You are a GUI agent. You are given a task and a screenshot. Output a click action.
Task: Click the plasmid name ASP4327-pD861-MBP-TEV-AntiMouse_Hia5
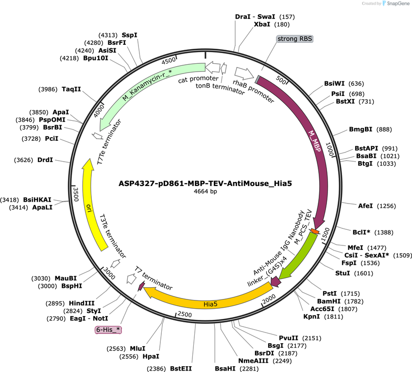pyautogui.click(x=205, y=183)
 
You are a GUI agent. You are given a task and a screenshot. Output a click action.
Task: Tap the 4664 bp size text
pyautogui.click(x=205, y=191)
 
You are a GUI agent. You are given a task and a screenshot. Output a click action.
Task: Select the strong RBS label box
pyautogui.click(x=295, y=38)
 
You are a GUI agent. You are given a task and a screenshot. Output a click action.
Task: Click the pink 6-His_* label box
pyautogui.click(x=108, y=330)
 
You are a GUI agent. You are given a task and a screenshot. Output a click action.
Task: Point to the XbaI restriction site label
pyautogui.click(x=262, y=24)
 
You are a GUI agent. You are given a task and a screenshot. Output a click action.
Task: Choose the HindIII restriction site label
pyautogui.click(x=82, y=303)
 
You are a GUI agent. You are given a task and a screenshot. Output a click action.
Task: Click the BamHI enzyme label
pyautogui.click(x=329, y=301)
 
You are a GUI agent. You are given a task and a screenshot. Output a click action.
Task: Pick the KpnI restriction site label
pyautogui.click(x=311, y=316)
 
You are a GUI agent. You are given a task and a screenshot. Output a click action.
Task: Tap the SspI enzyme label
pyautogui.click(x=130, y=35)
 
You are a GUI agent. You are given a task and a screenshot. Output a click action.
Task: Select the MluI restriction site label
pyautogui.click(x=137, y=349)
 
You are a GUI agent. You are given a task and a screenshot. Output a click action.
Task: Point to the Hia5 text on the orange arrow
pyautogui.click(x=210, y=304)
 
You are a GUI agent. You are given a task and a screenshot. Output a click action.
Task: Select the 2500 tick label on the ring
pyautogui.click(x=185, y=314)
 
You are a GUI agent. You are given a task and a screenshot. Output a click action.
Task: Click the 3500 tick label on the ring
pyautogui.click(x=76, y=194)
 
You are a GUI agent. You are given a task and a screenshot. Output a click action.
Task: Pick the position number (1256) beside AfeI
pyautogui.click(x=386, y=206)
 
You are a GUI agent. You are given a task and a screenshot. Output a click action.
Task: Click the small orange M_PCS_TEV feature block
pyautogui.click(x=315, y=232)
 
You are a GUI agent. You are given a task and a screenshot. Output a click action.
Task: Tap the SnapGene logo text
pyautogui.click(x=398, y=3)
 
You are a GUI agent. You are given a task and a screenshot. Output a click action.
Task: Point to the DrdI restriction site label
pyautogui.click(x=45, y=160)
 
